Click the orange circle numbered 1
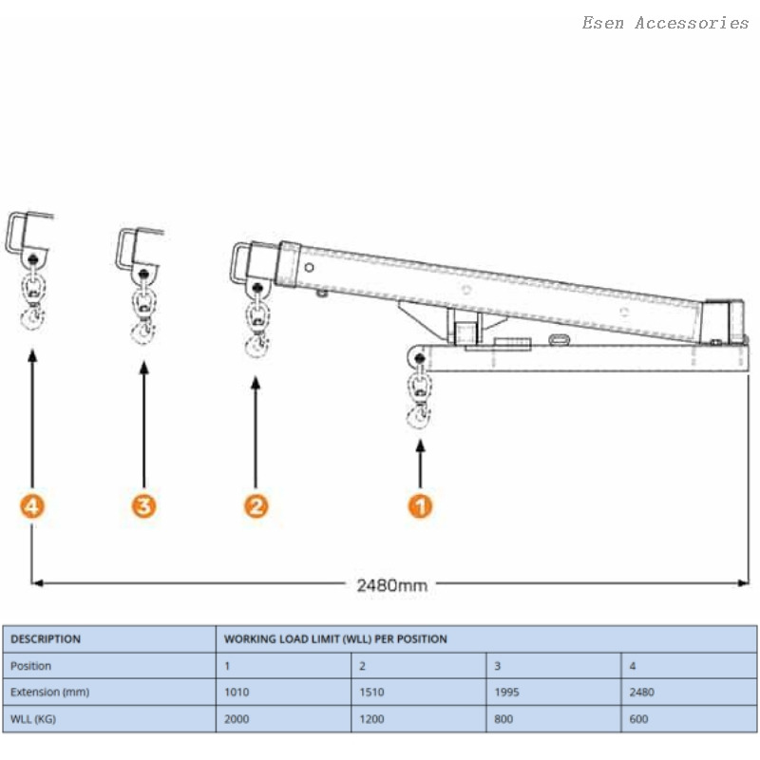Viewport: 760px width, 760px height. pos(420,506)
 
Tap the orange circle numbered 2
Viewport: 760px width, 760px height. pos(256,506)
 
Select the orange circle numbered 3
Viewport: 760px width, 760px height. pos(143,506)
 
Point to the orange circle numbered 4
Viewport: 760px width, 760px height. pos(33,506)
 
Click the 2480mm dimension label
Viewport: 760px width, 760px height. pos(391,585)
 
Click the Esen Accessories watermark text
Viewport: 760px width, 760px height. pos(665,23)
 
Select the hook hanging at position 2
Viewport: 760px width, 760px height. pos(256,344)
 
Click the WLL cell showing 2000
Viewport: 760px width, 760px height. pos(237,719)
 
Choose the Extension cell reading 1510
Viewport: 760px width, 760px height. pos(372,693)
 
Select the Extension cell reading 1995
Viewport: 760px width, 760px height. pos(507,693)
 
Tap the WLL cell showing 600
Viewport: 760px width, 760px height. pos(638,719)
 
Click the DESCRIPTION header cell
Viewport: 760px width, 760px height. pos(46,639)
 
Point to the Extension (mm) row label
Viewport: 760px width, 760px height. pos(49,693)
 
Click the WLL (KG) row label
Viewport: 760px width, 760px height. pos(33,719)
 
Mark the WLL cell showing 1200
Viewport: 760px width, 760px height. pos(372,719)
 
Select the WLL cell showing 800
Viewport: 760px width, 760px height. pos(503,719)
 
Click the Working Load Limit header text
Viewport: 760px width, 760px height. pos(335,639)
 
